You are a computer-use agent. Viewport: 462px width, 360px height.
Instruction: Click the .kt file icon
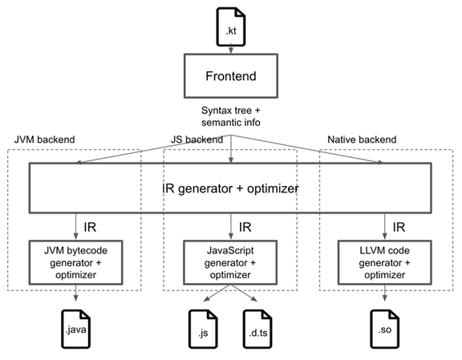(x=231, y=26)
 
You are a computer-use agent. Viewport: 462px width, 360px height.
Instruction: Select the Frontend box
(x=231, y=75)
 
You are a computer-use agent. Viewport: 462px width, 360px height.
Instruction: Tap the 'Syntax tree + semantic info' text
(x=231, y=116)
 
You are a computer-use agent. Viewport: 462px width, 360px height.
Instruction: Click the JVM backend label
(x=44, y=140)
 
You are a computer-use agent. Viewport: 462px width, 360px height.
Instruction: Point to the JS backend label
(x=197, y=140)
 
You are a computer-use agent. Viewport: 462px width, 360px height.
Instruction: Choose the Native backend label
(x=362, y=140)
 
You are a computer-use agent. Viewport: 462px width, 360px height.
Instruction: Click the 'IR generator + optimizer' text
(x=230, y=188)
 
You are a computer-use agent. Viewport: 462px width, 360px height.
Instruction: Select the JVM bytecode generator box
(x=75, y=262)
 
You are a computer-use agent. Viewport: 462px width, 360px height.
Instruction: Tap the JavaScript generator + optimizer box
(x=230, y=262)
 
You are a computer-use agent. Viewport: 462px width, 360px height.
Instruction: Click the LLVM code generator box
(x=384, y=262)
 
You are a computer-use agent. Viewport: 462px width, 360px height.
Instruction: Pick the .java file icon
(x=75, y=329)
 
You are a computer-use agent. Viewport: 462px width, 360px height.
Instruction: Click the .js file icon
(x=203, y=329)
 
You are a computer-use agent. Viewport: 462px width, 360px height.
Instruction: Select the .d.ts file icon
(x=257, y=329)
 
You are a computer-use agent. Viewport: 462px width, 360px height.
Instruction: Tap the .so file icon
(x=385, y=329)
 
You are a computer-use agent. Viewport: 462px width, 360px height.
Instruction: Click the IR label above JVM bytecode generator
(x=90, y=227)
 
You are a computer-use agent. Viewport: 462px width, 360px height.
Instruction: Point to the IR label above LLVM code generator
(x=399, y=227)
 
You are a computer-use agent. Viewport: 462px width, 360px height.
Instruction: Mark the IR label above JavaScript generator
(x=245, y=227)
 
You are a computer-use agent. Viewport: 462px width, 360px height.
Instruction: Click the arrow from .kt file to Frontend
(x=231, y=49)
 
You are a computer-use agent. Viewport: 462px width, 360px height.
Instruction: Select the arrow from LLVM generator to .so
(x=384, y=293)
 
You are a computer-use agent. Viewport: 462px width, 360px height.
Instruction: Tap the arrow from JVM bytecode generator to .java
(x=75, y=293)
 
